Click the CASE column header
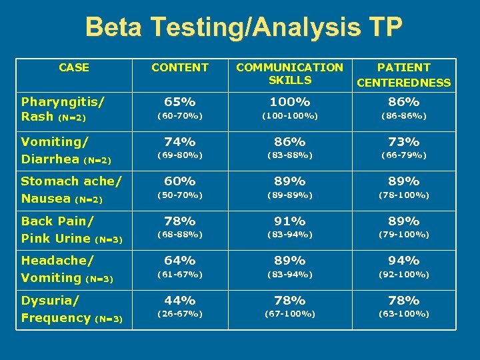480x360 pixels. pos(74,67)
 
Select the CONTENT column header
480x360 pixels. pos(180,67)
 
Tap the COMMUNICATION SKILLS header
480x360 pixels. pos(289,73)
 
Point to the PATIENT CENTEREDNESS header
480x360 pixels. pos(404,75)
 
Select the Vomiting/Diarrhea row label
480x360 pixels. pos(65,150)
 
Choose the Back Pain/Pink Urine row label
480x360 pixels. pos(71,229)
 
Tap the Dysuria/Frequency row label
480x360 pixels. pos(71,309)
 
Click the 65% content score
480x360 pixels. pos(180,102)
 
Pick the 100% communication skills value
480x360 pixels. pos(289,102)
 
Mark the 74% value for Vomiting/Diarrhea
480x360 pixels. pos(180,142)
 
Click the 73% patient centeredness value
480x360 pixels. pos(404,142)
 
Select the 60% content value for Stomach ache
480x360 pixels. pos(180,181)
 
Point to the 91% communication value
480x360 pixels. pos(289,221)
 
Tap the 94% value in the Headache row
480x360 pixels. pos(404,261)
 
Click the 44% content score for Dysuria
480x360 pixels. pos(180,301)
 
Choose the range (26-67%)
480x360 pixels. pos(180,314)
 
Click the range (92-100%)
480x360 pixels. pos(404,274)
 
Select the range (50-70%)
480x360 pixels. pos(180,195)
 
